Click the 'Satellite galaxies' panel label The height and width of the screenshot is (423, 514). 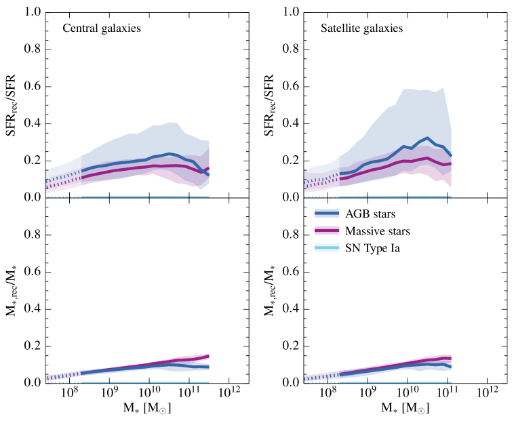coord(361,29)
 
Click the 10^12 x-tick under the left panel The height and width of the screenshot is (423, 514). coord(229,394)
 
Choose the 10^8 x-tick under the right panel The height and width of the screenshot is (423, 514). coord(328,394)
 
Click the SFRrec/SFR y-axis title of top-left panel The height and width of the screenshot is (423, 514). coord(12,104)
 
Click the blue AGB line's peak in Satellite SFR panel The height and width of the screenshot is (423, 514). coord(427,138)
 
